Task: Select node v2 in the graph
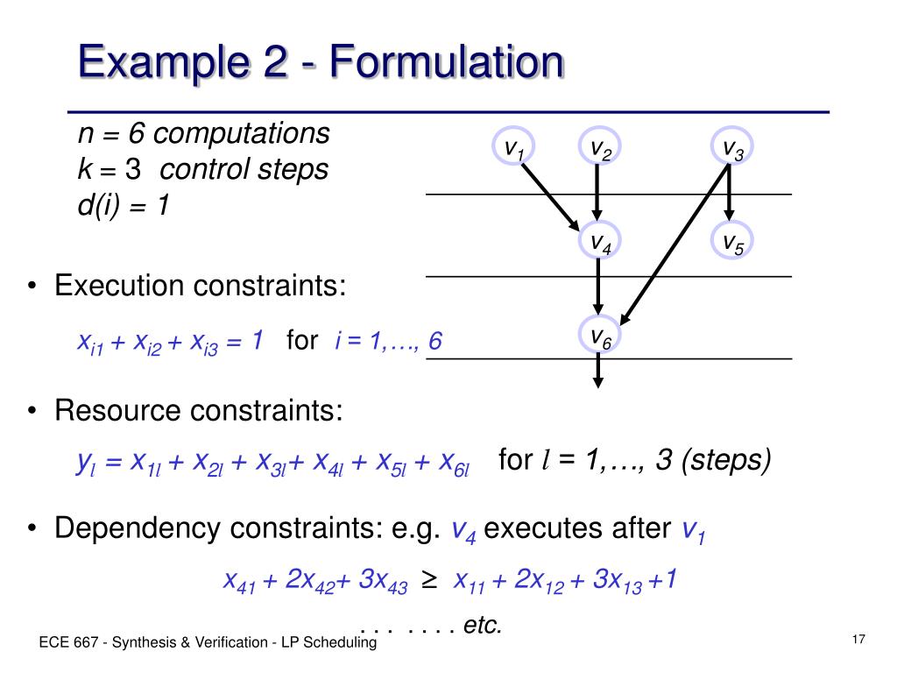[x=599, y=149]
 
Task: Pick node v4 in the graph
[x=599, y=242]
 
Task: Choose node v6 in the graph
[x=599, y=336]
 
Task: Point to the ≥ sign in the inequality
[x=429, y=580]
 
